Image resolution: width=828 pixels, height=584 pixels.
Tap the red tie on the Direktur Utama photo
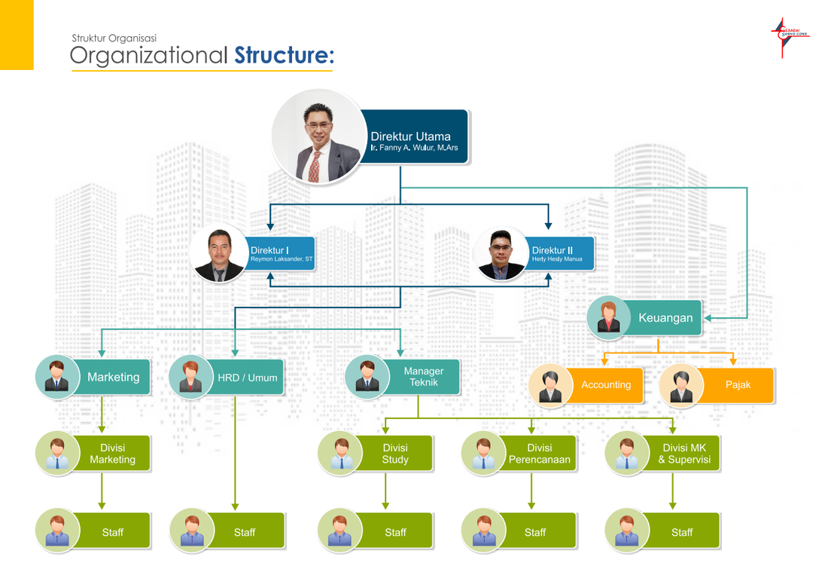click(314, 166)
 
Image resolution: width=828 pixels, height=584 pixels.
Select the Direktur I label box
click(281, 254)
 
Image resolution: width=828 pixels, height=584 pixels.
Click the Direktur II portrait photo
click(501, 254)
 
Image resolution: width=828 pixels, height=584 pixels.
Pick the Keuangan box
click(665, 318)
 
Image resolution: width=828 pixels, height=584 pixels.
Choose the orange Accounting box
click(606, 385)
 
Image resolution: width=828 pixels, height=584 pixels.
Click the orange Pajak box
click(738, 385)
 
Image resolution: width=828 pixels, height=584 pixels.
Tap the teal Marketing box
click(114, 377)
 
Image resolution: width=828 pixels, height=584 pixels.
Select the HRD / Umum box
click(247, 377)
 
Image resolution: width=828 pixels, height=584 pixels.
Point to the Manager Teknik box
click(423, 377)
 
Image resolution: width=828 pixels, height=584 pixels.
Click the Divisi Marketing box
click(113, 454)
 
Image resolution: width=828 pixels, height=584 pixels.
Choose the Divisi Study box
click(395, 454)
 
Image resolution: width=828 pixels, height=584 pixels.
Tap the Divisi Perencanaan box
click(539, 454)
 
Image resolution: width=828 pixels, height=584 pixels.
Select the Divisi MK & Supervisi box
click(683, 454)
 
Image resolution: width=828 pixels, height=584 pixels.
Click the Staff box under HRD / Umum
click(245, 532)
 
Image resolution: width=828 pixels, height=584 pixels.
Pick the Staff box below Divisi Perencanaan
click(535, 532)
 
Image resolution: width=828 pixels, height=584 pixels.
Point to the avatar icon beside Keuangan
click(608, 316)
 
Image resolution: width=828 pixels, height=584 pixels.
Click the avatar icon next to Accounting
click(550, 385)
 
